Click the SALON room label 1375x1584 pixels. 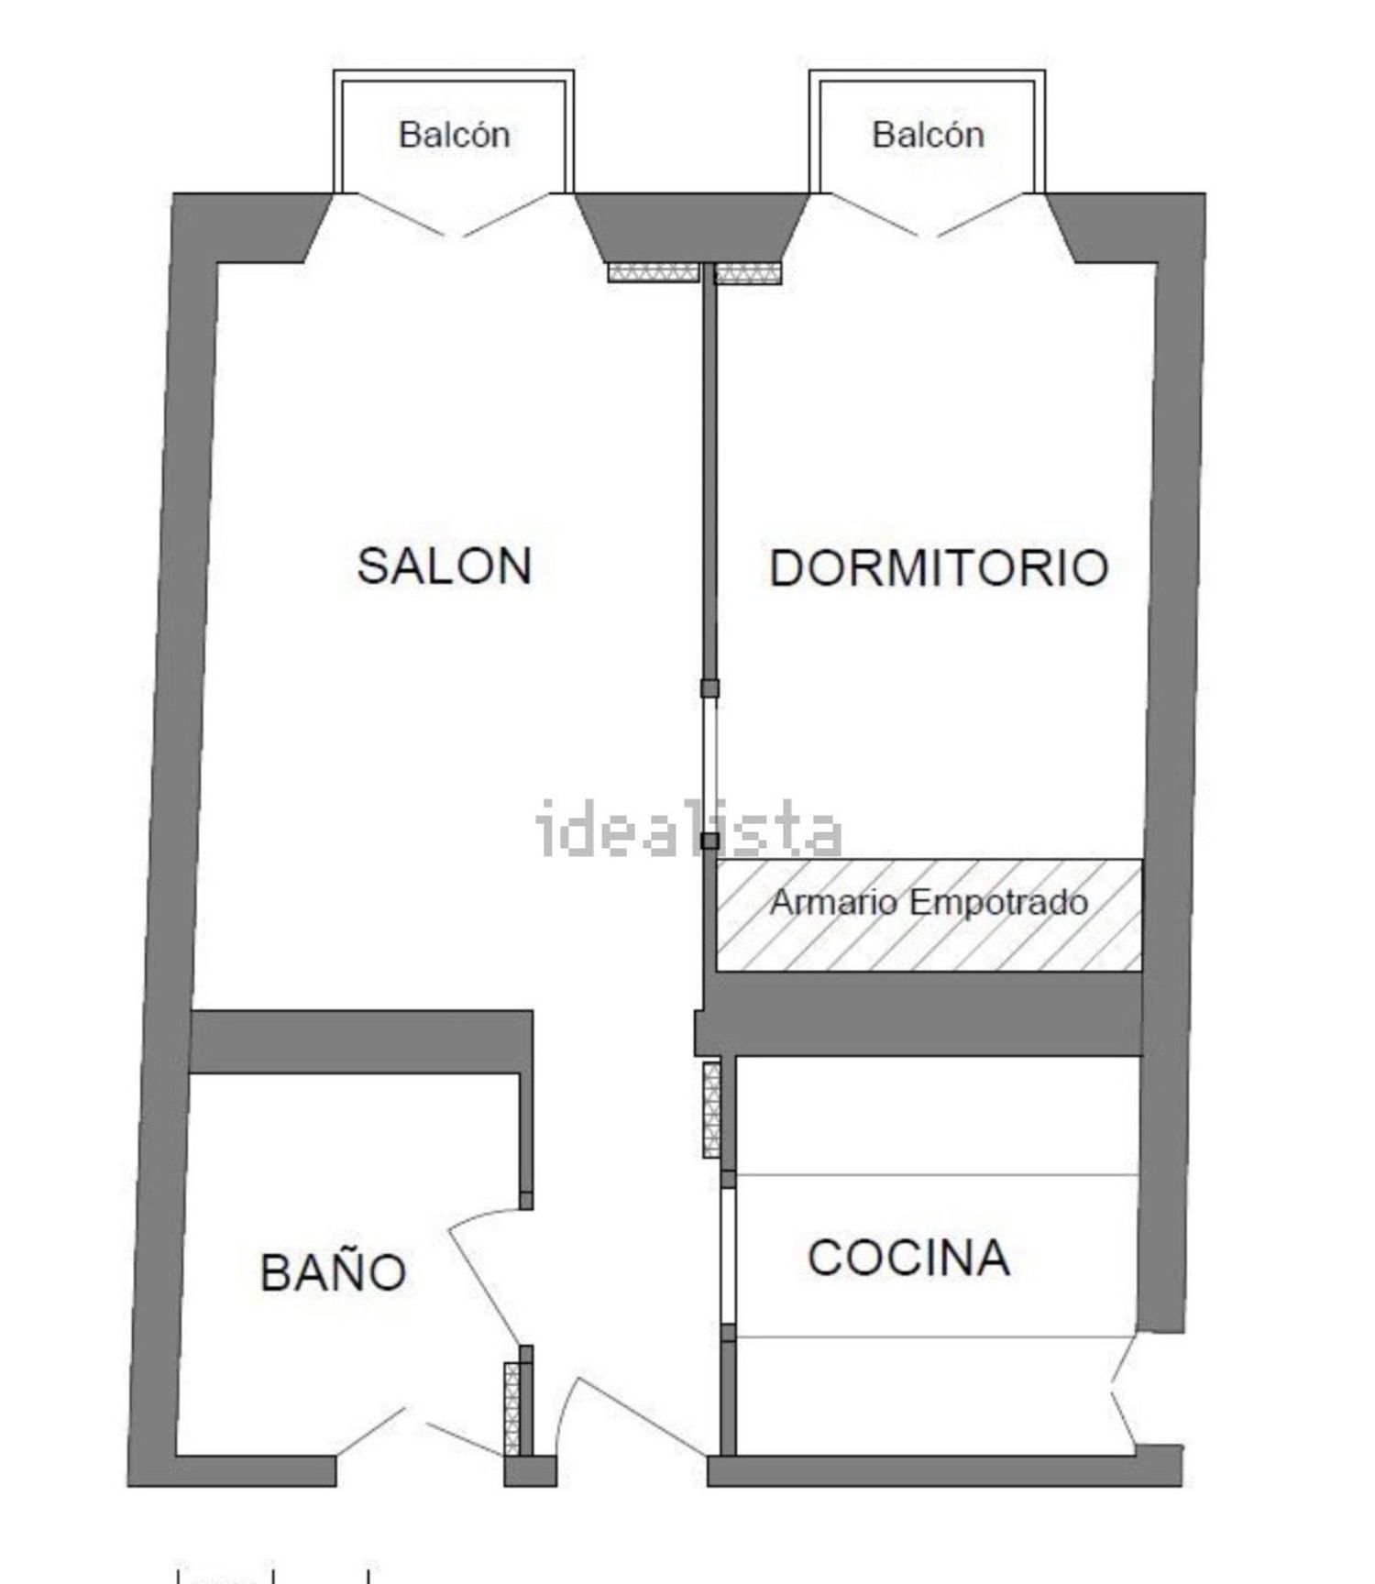(x=445, y=566)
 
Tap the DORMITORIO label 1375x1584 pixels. (x=939, y=568)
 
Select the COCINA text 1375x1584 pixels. (x=908, y=1258)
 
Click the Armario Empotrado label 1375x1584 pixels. (x=929, y=903)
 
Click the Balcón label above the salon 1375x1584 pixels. (x=454, y=135)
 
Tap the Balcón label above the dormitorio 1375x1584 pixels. (x=928, y=135)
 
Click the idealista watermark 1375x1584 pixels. (x=688, y=828)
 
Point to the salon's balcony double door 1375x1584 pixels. (x=454, y=214)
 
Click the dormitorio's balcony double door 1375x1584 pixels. (x=928, y=214)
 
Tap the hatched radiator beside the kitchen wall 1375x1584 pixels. (x=711, y=1109)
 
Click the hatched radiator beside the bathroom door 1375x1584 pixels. (x=512, y=1409)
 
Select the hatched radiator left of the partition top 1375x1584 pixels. (x=654, y=273)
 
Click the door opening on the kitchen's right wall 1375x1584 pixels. (x=1124, y=1391)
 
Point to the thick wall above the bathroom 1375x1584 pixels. (x=361, y=1041)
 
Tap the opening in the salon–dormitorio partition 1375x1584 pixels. (x=709, y=764)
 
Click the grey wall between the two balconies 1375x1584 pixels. (x=692, y=226)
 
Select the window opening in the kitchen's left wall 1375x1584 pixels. (x=728, y=1256)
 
